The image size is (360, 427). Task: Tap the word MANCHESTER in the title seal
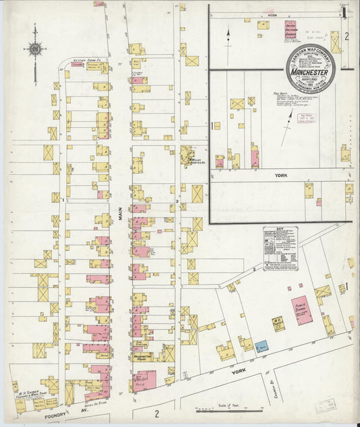(310, 72)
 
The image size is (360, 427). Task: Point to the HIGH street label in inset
(272, 15)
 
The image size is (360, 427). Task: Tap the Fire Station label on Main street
(138, 343)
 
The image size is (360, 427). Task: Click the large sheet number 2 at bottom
(156, 413)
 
